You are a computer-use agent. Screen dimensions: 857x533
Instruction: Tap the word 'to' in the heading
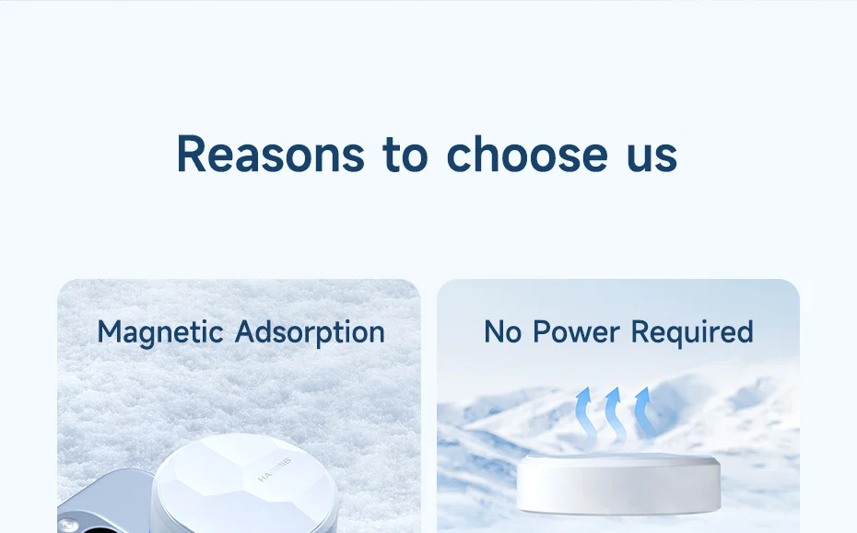click(405, 154)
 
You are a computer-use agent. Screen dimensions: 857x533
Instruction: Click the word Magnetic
click(160, 333)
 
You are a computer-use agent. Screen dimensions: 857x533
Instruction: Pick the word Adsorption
click(310, 333)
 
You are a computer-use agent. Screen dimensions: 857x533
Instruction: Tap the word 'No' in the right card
click(502, 332)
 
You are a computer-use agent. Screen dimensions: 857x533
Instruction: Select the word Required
click(692, 333)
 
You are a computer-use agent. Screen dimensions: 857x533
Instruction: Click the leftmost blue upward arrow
click(585, 416)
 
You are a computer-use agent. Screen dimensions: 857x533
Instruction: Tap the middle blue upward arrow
click(615, 416)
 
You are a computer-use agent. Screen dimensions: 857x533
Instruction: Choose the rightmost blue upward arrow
click(645, 414)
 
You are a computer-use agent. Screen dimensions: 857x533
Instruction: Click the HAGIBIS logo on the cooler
click(275, 470)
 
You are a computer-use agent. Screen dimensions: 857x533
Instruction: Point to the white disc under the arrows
click(618, 484)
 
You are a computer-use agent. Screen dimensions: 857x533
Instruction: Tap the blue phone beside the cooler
click(104, 501)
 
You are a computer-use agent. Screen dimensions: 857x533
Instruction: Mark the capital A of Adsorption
click(246, 332)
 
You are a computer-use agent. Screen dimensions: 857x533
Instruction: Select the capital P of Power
click(542, 332)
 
